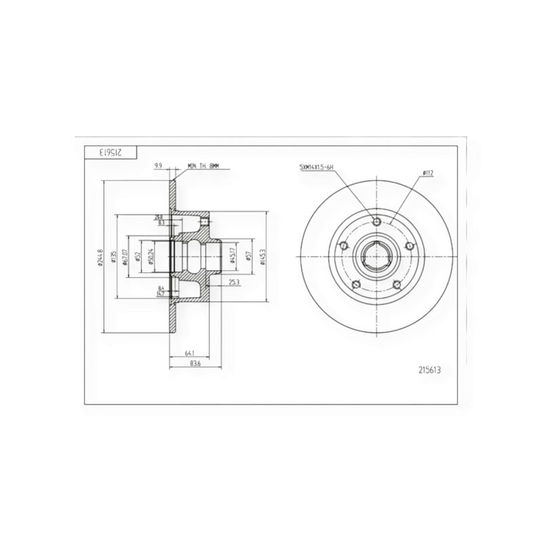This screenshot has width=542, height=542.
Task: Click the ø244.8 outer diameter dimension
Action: tap(100, 258)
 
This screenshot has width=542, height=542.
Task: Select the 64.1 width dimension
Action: tap(190, 352)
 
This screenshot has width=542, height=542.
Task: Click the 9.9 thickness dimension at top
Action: tap(158, 165)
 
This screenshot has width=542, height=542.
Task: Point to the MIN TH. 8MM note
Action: tap(205, 165)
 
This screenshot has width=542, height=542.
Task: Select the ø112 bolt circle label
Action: tap(428, 173)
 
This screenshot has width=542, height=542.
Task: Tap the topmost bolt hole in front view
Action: tap(377, 220)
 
